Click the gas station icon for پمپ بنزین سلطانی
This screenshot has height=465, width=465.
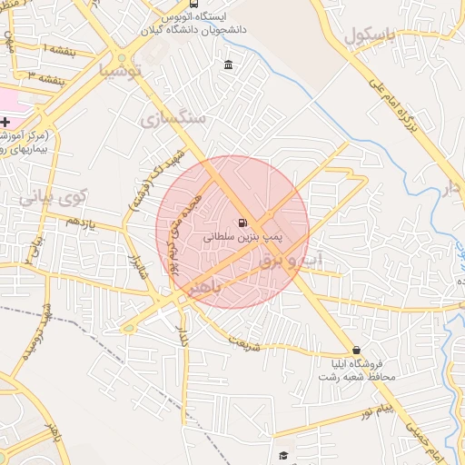[242, 223]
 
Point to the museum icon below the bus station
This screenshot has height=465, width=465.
[227, 64]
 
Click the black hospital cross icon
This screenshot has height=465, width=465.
[5, 121]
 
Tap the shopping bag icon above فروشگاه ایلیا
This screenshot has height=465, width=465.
[355, 351]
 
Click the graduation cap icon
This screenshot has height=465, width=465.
[283, 455]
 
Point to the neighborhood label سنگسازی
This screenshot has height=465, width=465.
[173, 117]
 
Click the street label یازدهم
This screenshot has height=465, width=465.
[80, 222]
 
